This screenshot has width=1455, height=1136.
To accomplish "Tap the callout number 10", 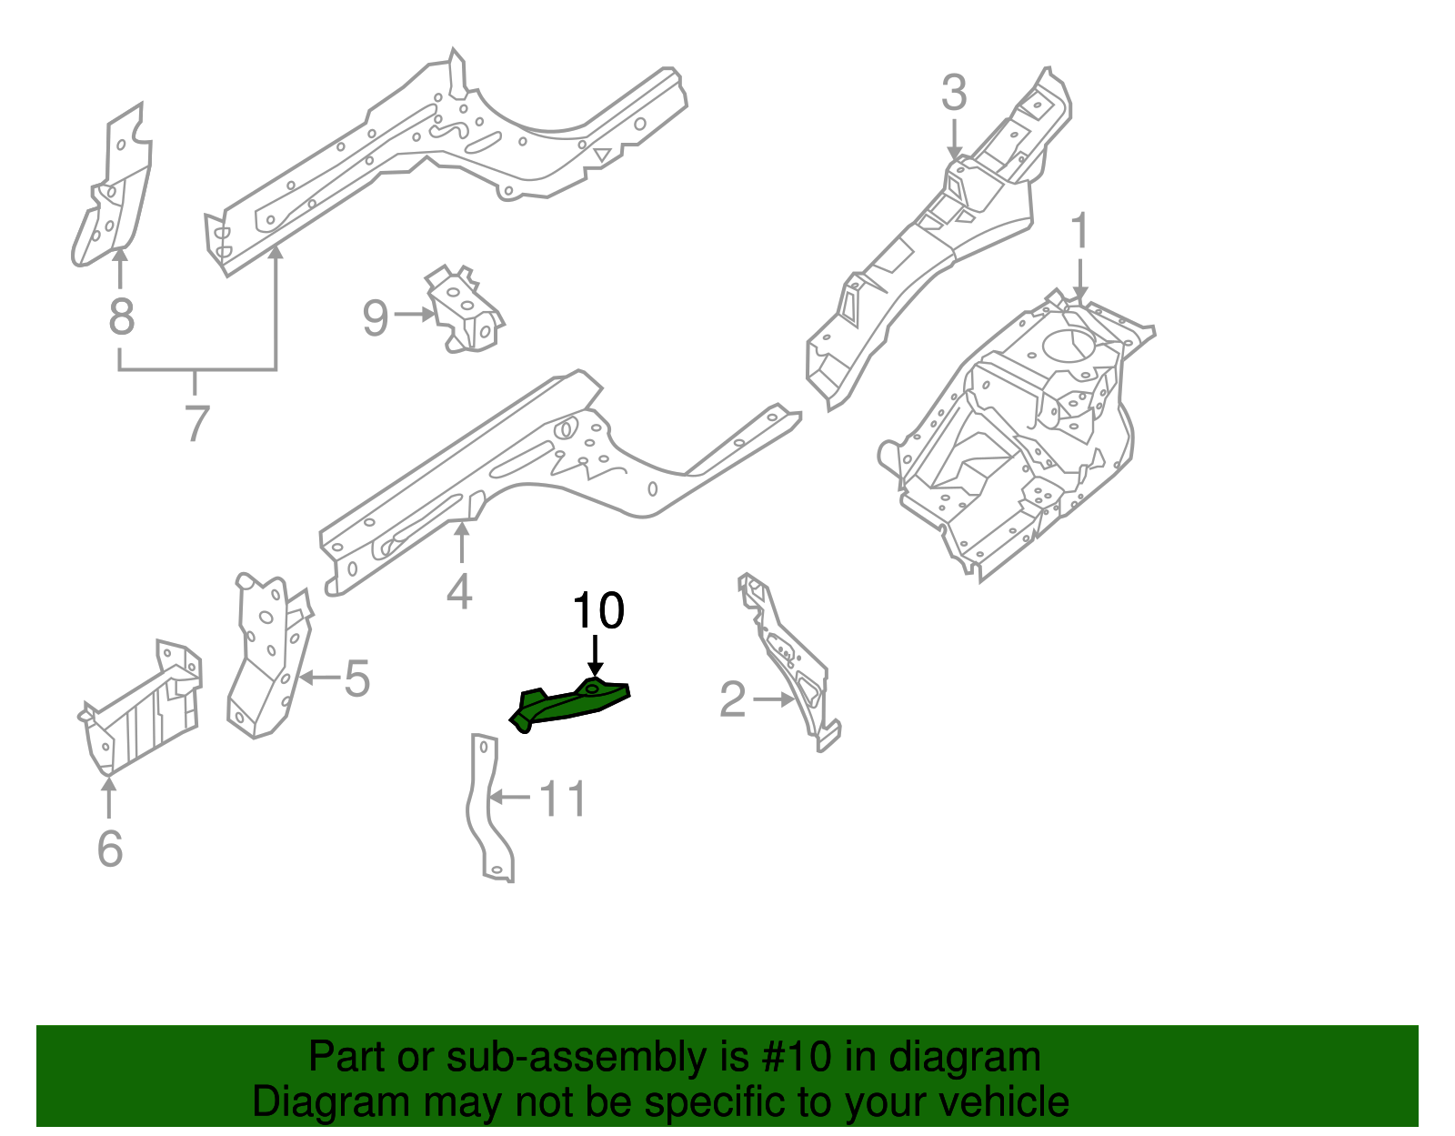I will [x=597, y=610].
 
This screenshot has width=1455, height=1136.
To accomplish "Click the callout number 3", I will [x=953, y=93].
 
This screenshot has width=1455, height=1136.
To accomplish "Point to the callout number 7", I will [x=196, y=423].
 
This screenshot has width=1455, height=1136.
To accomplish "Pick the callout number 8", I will [x=121, y=317].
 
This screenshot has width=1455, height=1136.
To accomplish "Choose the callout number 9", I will [x=375, y=318].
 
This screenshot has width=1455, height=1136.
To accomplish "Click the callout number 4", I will [x=460, y=591].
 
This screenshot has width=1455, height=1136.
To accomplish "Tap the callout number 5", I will [x=356, y=679].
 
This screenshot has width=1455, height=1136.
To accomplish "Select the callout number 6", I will [x=109, y=848].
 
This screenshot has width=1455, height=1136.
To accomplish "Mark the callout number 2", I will [x=732, y=700].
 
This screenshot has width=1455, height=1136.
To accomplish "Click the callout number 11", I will [x=563, y=799].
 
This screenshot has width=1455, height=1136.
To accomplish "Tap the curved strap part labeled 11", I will [x=487, y=809].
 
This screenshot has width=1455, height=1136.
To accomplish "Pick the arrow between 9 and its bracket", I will [x=415, y=315].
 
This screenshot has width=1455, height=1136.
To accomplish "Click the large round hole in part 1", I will [x=1069, y=345].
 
